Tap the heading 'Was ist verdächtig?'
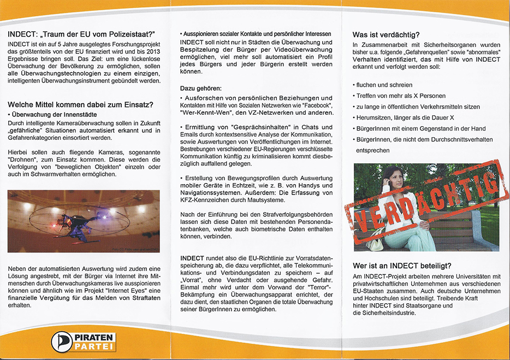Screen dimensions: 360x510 (x=386, y=35)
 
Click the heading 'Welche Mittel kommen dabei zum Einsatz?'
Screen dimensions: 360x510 (x=80, y=105)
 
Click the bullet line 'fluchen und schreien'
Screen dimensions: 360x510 (x=384, y=85)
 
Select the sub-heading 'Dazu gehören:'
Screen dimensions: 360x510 (x=200, y=88)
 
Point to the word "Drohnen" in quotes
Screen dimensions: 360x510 (x=23, y=156)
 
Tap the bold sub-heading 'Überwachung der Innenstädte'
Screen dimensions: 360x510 (x=54, y=115)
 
